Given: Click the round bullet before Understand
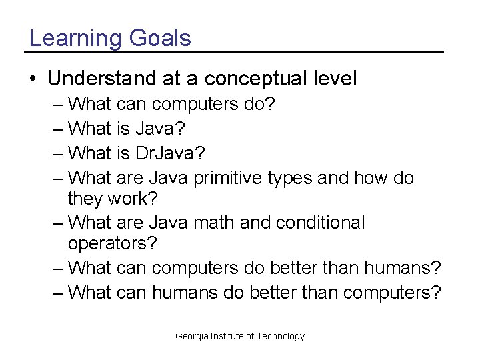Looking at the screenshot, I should coord(33,79).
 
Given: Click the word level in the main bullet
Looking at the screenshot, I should coord(335,79).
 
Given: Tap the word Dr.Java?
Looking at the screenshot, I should coord(170,153).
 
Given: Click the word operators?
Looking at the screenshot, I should coord(113,243).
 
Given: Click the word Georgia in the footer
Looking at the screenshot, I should coord(192,336).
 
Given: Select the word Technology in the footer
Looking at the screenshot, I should coord(280,336).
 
